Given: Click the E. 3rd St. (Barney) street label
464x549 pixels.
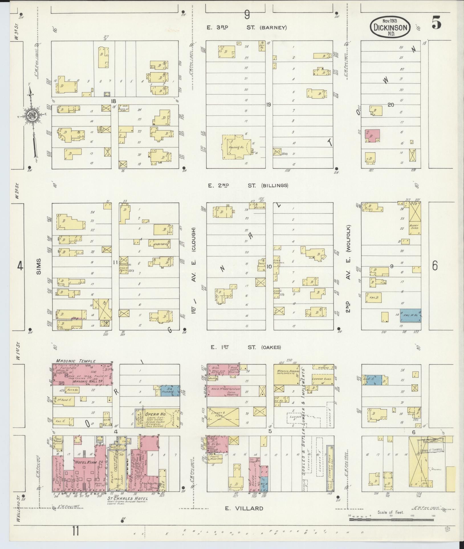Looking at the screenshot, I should (x=247, y=28).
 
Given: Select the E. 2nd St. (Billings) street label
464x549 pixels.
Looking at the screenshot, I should (x=248, y=185).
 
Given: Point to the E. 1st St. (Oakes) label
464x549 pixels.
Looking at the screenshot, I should (x=245, y=347).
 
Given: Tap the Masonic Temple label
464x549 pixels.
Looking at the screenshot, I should (x=74, y=361).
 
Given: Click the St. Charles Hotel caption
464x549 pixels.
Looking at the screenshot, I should (x=127, y=498).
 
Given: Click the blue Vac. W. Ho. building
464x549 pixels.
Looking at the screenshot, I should (x=410, y=316).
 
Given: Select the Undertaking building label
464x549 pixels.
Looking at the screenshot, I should (x=161, y=244).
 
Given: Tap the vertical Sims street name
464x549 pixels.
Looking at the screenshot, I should (x=39, y=267).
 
